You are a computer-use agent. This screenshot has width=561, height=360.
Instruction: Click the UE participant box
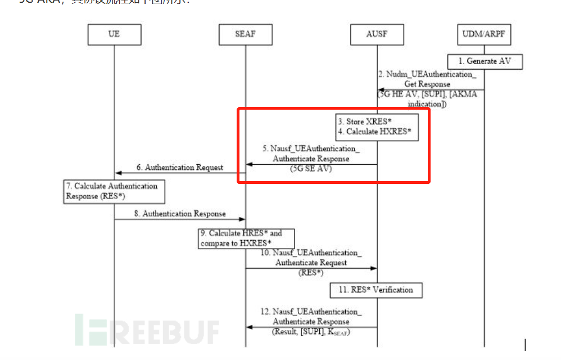(x=114, y=34)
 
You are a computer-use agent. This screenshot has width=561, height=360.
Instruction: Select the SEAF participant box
(x=245, y=34)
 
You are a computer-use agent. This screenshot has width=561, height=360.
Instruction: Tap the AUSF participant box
(x=377, y=34)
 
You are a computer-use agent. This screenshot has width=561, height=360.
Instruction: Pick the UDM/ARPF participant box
(x=484, y=34)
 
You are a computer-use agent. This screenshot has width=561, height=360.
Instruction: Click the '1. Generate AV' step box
(x=485, y=61)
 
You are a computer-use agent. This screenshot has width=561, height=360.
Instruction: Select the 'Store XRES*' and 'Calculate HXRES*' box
(x=377, y=127)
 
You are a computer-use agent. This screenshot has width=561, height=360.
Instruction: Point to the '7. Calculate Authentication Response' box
(x=114, y=191)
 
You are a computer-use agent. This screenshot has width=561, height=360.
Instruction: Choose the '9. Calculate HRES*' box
(x=246, y=238)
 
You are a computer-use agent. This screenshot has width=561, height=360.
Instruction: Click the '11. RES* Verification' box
(x=376, y=290)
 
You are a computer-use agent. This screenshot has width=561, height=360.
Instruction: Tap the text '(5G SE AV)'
(x=310, y=168)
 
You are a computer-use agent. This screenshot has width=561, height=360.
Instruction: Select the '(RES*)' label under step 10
(x=310, y=272)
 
